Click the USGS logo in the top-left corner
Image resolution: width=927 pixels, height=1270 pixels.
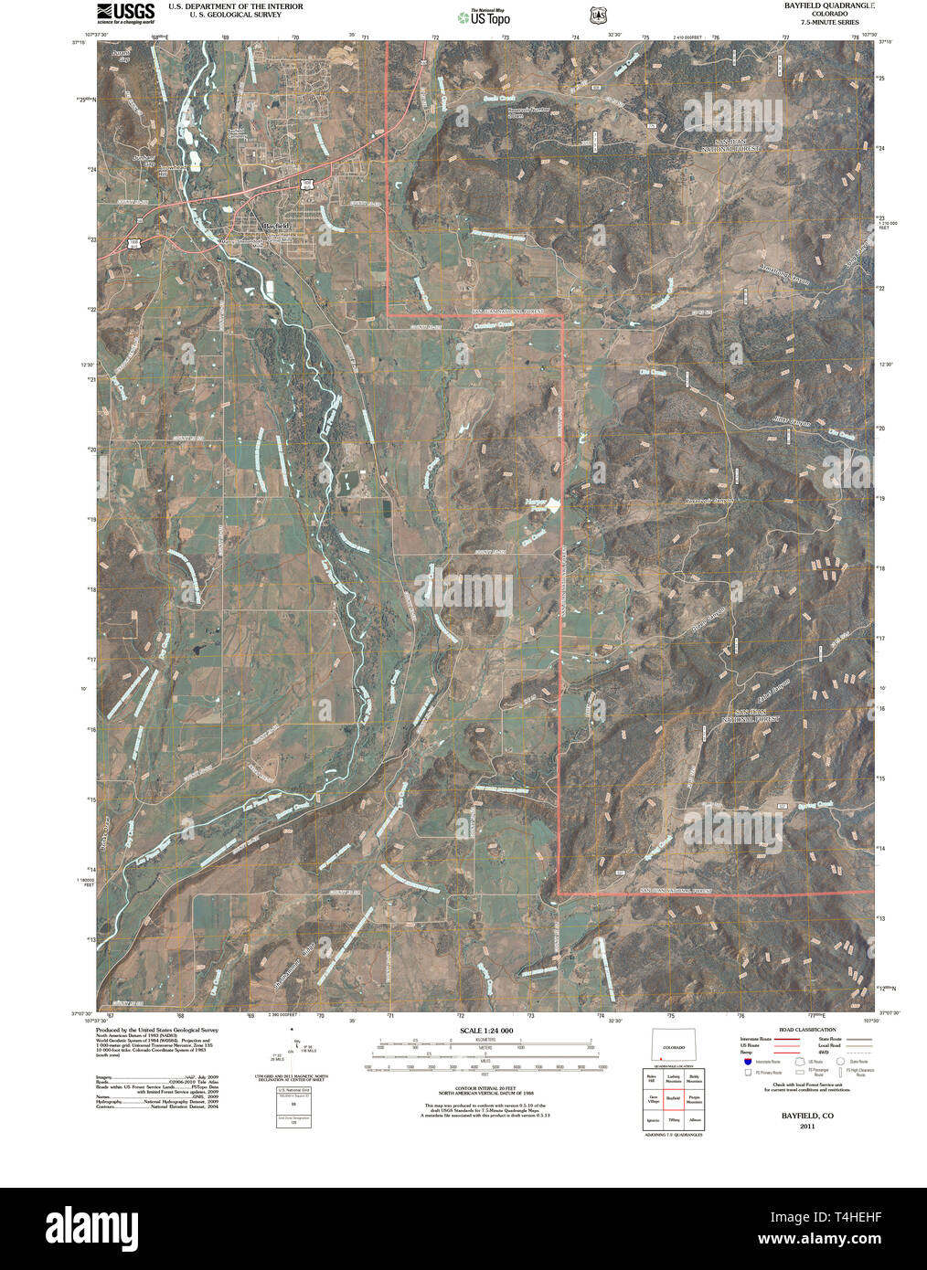[125, 12]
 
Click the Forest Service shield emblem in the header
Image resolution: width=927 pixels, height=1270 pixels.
[598, 16]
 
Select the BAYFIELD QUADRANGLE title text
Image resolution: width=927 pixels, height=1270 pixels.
[828, 5]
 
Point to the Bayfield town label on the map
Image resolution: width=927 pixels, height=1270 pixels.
[275, 225]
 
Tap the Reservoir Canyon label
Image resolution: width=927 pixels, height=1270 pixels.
[709, 501]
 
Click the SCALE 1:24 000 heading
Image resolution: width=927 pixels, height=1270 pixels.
[485, 1031]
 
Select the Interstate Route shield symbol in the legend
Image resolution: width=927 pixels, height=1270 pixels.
[749, 1062]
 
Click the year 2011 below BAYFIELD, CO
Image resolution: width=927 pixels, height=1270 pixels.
[806, 1127]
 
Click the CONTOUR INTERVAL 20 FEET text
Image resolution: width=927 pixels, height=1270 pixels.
[485, 1088]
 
